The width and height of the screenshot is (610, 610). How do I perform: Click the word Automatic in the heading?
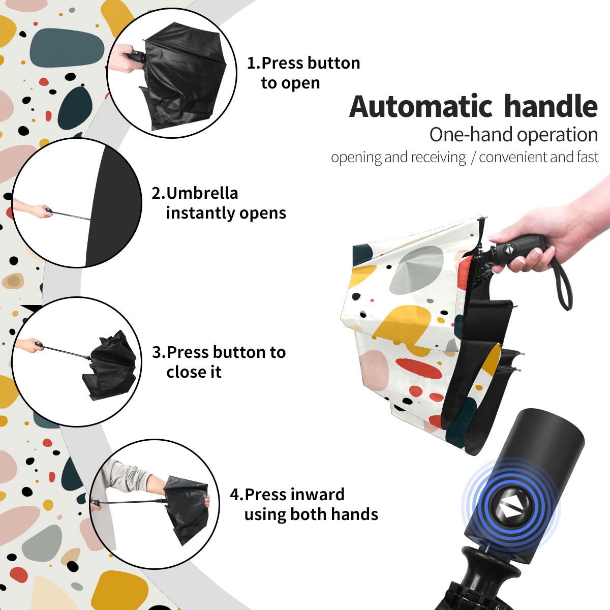coord(421,106)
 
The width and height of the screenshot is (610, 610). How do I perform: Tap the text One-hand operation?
coord(513,135)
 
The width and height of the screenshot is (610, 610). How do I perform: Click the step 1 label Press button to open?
coord(303,73)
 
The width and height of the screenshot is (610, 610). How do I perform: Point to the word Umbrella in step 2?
coord(202,193)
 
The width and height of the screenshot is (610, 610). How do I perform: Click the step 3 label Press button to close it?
coord(219,362)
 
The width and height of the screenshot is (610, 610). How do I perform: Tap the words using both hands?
coord(311,514)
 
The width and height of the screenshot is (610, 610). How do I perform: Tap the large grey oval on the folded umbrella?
coord(416,270)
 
